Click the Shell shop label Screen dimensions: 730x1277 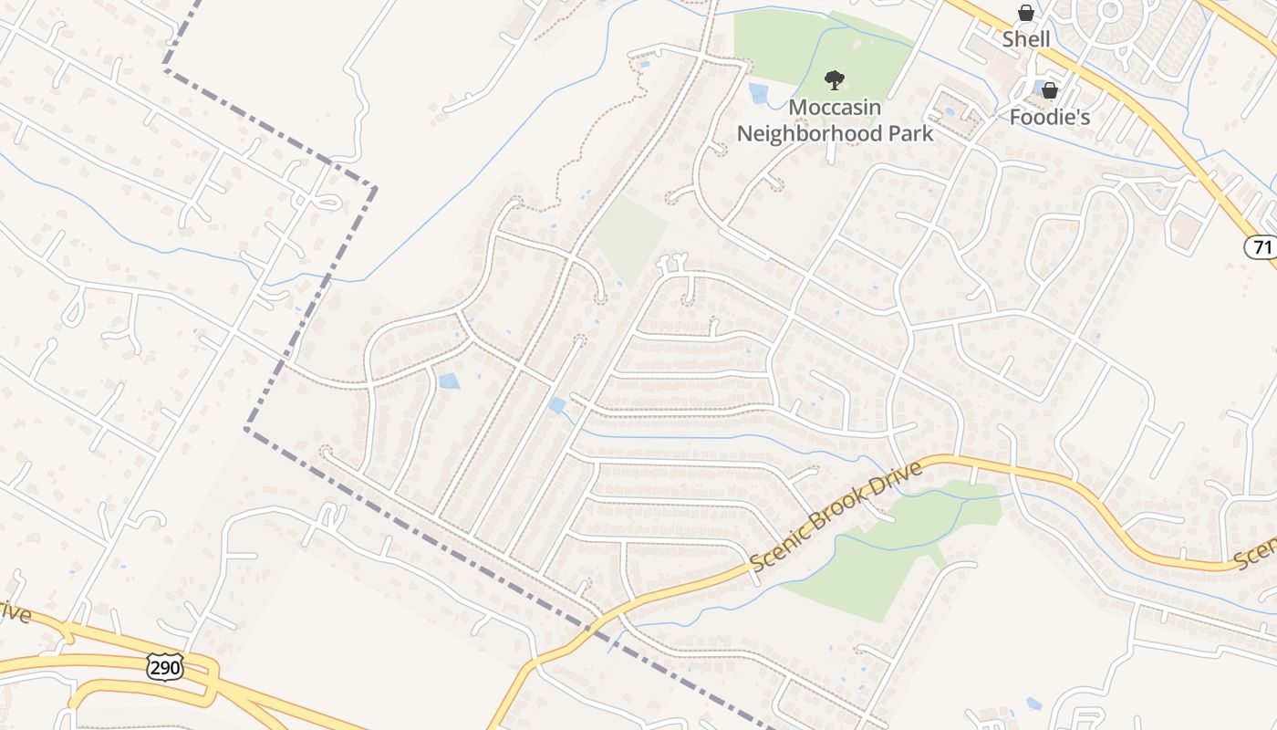tap(1026, 39)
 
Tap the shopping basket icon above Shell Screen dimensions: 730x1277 tap(1026, 13)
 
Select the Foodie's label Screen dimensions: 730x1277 tap(1050, 117)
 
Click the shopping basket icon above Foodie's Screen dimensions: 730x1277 tap(1050, 90)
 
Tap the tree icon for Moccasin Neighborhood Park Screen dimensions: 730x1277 tap(834, 80)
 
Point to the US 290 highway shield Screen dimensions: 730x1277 tap(165, 667)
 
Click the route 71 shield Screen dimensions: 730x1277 tap(1260, 246)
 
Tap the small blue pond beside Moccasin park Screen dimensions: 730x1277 tap(757, 93)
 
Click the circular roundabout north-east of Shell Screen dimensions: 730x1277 tap(1109, 13)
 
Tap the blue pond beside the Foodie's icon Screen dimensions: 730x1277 tap(1038, 88)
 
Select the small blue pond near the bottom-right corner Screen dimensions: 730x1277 tap(1033, 704)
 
